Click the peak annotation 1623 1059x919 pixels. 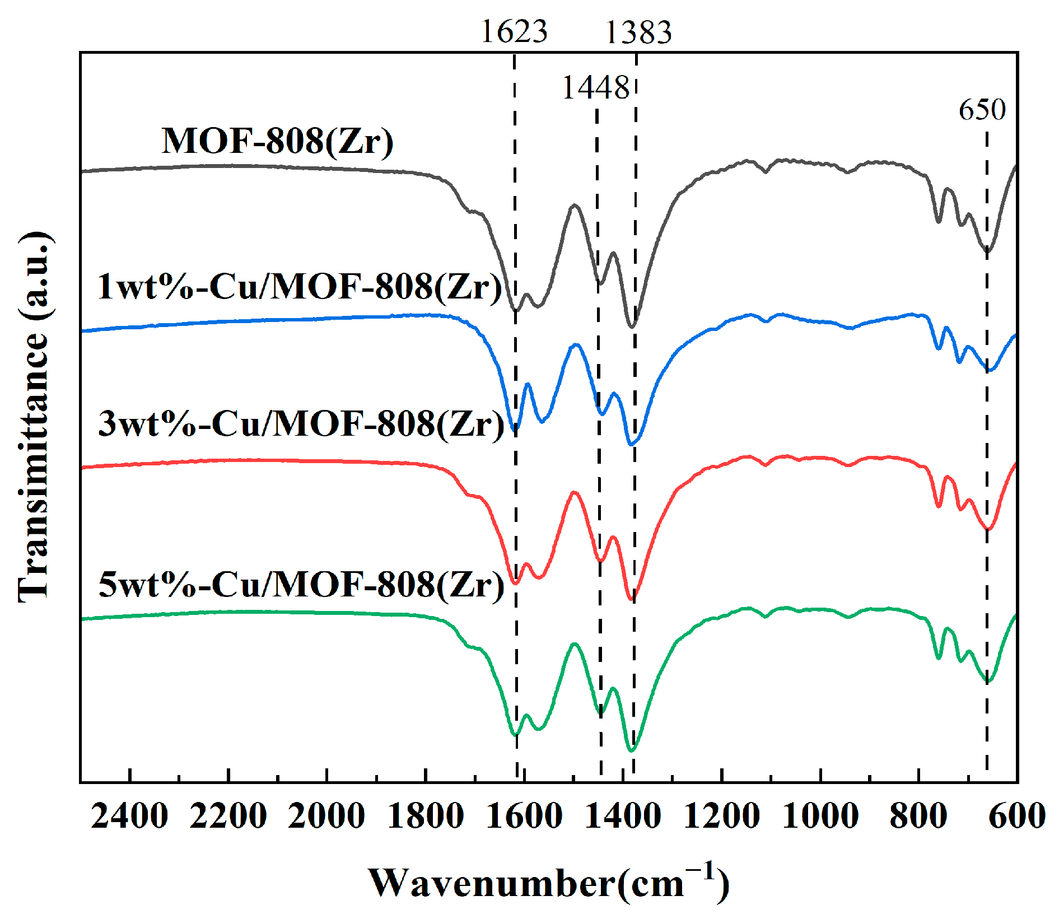pos(514,31)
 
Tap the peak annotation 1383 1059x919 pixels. pos(638,32)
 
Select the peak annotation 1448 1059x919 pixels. pos(595,88)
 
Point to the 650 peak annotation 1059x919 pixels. pos(982,110)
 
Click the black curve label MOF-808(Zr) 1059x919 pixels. pos(278,141)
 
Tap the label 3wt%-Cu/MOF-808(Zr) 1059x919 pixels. pos(301,423)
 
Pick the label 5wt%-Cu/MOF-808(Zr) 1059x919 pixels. pos(301,584)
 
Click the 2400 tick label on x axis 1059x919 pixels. pos(129,816)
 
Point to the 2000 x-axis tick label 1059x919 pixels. pos(326,816)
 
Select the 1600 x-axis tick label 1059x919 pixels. pos(524,816)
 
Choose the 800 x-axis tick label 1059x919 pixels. pos(918,816)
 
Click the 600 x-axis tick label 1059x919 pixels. pos(1016,816)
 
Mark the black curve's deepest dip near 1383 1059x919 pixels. pos(632,326)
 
